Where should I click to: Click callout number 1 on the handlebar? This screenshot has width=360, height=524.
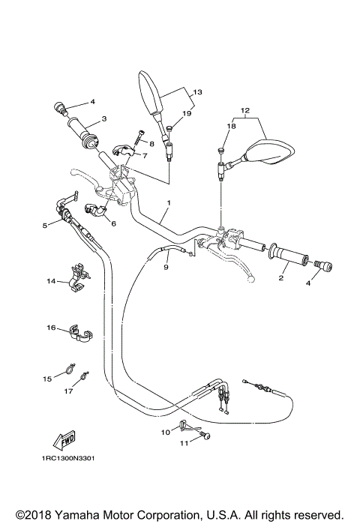click(169, 203)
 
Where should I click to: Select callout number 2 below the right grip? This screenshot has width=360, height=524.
click(280, 278)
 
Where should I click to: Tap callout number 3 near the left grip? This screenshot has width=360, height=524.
click(103, 118)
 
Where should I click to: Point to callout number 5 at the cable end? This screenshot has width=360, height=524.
click(46, 224)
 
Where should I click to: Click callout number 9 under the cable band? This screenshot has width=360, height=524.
click(166, 267)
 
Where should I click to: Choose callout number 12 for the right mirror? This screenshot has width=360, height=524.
click(244, 110)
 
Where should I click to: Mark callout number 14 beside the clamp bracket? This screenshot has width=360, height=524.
click(51, 281)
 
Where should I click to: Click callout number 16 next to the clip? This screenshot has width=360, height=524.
click(51, 328)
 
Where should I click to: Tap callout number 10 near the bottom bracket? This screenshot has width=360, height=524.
click(165, 432)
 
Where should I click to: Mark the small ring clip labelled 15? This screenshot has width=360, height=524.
click(67, 368)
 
